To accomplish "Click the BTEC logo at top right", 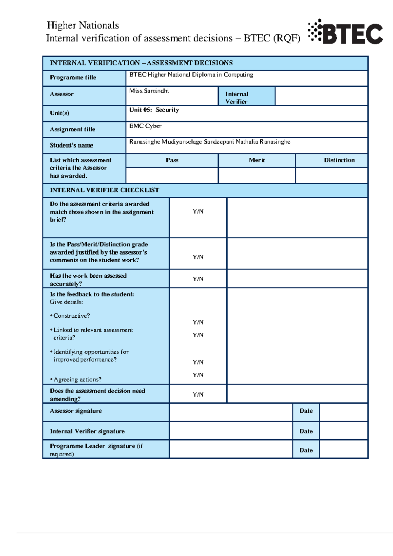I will (x=346, y=32).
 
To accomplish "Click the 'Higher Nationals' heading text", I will (x=83, y=25).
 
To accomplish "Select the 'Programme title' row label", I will (x=73, y=78).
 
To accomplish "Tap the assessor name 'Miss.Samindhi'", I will (x=149, y=91).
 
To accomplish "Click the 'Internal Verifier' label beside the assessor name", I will (x=237, y=98).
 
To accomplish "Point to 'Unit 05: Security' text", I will (x=154, y=110).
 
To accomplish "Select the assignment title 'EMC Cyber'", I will (x=145, y=126).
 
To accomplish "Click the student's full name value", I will (x=210, y=142).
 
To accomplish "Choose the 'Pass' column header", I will (x=172, y=160).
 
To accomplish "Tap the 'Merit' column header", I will (x=257, y=160).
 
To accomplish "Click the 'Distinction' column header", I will (x=339, y=160).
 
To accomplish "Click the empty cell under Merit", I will (x=257, y=175).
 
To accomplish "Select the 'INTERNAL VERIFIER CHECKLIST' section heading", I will (x=104, y=190).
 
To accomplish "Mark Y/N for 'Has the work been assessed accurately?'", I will (x=198, y=279).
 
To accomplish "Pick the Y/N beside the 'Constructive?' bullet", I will (x=198, y=322).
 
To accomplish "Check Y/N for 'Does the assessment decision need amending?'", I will (x=198, y=394).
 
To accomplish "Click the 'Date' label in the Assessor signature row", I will (x=306, y=411).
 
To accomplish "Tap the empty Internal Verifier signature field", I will (x=231, y=431).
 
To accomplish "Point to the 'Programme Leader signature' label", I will (x=96, y=450).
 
